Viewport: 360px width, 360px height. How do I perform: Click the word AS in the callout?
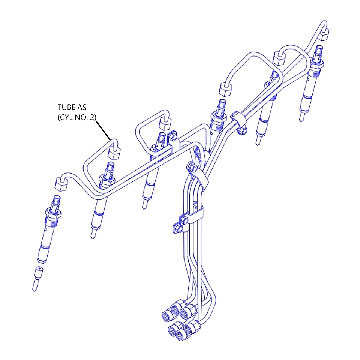(82, 107)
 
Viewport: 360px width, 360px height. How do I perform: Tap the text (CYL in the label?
(65, 117)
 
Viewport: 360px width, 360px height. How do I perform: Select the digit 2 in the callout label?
(93, 117)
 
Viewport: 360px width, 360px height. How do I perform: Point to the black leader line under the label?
(103, 130)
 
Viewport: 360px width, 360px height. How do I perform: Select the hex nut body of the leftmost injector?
(53, 214)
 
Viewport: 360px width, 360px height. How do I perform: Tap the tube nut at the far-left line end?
(61, 184)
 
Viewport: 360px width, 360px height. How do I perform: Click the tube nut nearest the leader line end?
(114, 153)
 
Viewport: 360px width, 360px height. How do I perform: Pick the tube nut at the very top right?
(324, 34)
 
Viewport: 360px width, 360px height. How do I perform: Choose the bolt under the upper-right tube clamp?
(243, 131)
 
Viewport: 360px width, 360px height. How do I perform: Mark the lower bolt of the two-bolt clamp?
(178, 229)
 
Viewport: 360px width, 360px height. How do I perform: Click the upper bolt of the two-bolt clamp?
(184, 220)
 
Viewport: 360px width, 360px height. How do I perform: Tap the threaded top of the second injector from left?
(110, 169)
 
